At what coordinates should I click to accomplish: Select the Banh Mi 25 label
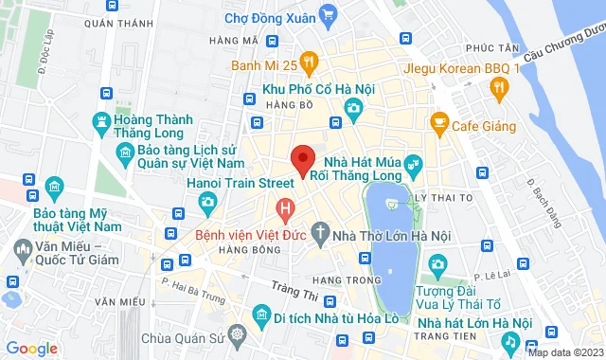265,66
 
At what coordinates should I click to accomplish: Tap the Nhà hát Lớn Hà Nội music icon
509,340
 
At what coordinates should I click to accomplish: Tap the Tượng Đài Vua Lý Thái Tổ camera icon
437,262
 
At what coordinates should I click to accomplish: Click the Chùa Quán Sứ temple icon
236,336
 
